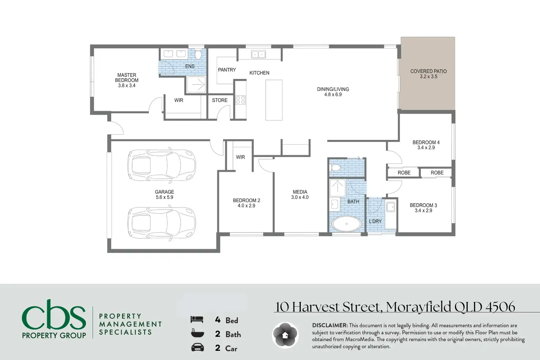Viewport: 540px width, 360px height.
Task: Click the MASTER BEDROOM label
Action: coord(127,80)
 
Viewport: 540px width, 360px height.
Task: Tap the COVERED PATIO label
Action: coord(428,74)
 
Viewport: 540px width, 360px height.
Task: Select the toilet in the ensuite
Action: coord(198,54)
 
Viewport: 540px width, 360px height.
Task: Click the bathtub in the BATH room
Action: coord(346,223)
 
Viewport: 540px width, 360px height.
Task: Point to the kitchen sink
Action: coord(258,54)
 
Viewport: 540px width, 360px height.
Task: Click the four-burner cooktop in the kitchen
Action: coord(240,100)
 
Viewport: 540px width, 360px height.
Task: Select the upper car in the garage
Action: coord(161,165)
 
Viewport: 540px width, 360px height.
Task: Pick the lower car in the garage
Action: coord(161,223)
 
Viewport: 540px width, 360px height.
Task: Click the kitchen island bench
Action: coord(274,100)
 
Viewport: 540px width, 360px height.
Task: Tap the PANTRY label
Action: coord(227,70)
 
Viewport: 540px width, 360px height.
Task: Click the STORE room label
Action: coord(220,100)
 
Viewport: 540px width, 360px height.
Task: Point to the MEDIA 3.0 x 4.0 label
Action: coord(300,194)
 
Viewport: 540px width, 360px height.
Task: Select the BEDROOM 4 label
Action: coord(426,145)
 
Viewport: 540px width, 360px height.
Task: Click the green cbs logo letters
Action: coord(54,314)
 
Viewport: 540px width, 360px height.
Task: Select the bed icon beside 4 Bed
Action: coord(197,320)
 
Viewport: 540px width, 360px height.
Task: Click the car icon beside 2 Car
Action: coord(197,348)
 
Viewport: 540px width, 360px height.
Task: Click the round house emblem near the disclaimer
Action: coord(285,335)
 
